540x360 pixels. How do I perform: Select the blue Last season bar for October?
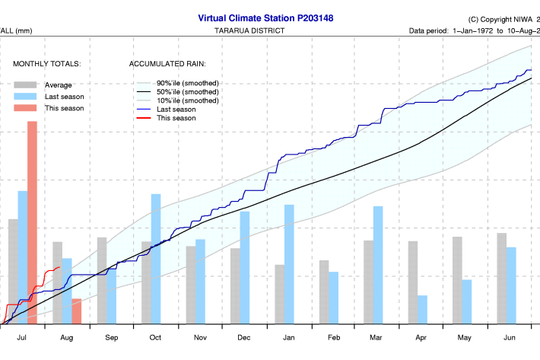click(156, 259)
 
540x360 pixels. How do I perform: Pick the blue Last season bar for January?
click(289, 264)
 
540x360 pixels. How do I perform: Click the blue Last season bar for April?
click(422, 309)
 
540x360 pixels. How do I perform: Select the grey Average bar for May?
click(457, 280)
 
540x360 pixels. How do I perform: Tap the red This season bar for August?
click(76, 311)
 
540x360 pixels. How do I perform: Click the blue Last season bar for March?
click(378, 265)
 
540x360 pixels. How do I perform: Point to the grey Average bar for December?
click(235, 285)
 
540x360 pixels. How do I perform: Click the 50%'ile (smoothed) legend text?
click(188, 91)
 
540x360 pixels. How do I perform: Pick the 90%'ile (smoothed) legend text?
click(188, 82)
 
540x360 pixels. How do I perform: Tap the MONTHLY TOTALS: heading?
click(47, 65)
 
